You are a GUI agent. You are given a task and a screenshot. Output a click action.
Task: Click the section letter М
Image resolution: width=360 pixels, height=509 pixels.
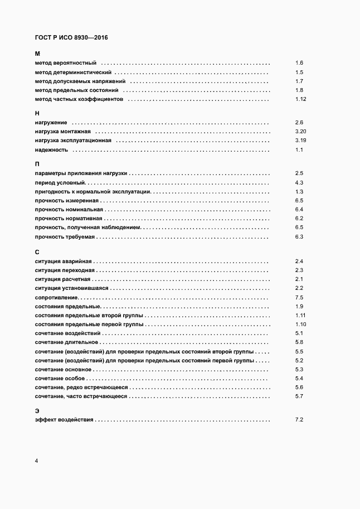(37, 54)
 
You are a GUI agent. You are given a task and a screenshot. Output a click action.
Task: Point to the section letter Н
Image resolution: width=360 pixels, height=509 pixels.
(37, 113)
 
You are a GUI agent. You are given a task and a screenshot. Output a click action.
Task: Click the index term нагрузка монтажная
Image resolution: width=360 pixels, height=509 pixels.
(62, 132)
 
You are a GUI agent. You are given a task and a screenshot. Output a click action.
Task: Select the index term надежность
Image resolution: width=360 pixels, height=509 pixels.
(51, 150)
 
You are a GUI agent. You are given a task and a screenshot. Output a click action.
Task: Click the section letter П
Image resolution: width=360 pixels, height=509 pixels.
(37, 164)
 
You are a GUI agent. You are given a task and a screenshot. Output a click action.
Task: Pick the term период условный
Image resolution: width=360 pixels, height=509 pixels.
(59, 183)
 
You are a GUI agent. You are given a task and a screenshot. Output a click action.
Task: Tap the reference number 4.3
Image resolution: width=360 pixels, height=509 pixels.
(299, 183)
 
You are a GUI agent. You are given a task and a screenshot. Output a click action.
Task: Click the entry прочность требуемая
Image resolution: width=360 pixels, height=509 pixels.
(65, 237)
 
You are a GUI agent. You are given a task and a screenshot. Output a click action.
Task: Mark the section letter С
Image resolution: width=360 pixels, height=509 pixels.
(37, 251)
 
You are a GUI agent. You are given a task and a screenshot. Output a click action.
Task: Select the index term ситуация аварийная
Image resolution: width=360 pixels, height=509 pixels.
(64, 261)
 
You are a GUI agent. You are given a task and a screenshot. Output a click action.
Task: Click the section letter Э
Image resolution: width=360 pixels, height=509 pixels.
(37, 410)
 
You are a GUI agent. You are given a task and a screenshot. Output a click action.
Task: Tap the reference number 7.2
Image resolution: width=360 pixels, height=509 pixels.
(299, 419)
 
